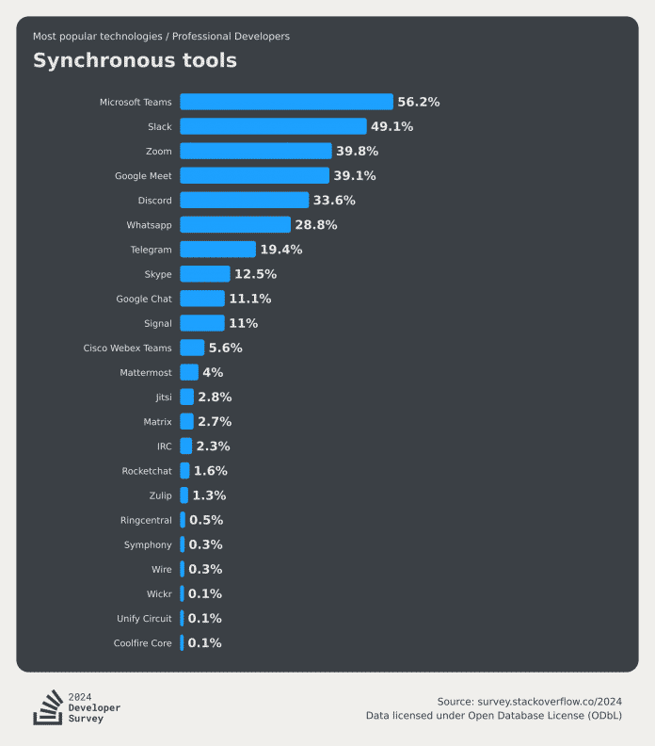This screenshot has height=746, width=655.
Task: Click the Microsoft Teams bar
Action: [x=286, y=102]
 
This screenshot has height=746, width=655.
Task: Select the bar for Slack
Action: [x=273, y=126]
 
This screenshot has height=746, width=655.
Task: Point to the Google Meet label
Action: [x=143, y=176]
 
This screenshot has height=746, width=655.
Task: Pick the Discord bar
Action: [x=244, y=201]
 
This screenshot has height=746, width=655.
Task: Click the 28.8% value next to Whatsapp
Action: [x=316, y=225]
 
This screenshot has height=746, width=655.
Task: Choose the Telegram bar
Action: [x=217, y=250]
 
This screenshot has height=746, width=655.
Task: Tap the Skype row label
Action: [x=158, y=274]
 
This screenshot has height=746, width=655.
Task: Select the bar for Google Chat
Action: [x=202, y=299]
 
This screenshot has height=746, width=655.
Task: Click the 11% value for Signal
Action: [x=243, y=323]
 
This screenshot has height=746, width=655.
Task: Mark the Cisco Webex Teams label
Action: [x=128, y=348]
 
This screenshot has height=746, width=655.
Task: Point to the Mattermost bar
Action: [x=189, y=372]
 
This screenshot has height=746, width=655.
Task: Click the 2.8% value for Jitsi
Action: [x=215, y=397]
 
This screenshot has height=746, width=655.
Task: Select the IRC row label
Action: [x=164, y=446]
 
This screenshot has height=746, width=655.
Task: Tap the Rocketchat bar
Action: [x=184, y=471]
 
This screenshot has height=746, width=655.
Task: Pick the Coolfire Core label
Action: [x=143, y=643]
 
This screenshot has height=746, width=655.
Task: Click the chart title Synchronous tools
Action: [x=135, y=61]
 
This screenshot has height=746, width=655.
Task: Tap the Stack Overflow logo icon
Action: [x=47, y=707]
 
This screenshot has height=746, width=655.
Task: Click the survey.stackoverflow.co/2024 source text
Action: [x=529, y=701]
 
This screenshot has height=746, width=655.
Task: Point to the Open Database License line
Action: [x=494, y=716]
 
